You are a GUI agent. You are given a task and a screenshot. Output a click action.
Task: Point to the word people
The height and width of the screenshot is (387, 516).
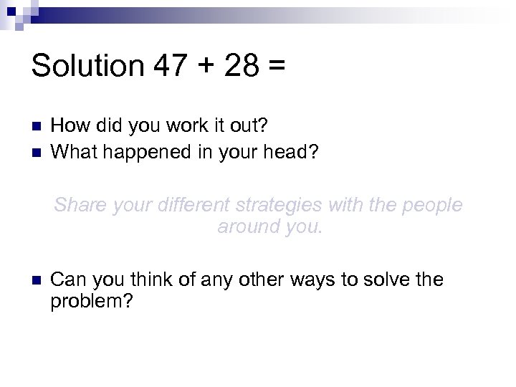click(x=431, y=206)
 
